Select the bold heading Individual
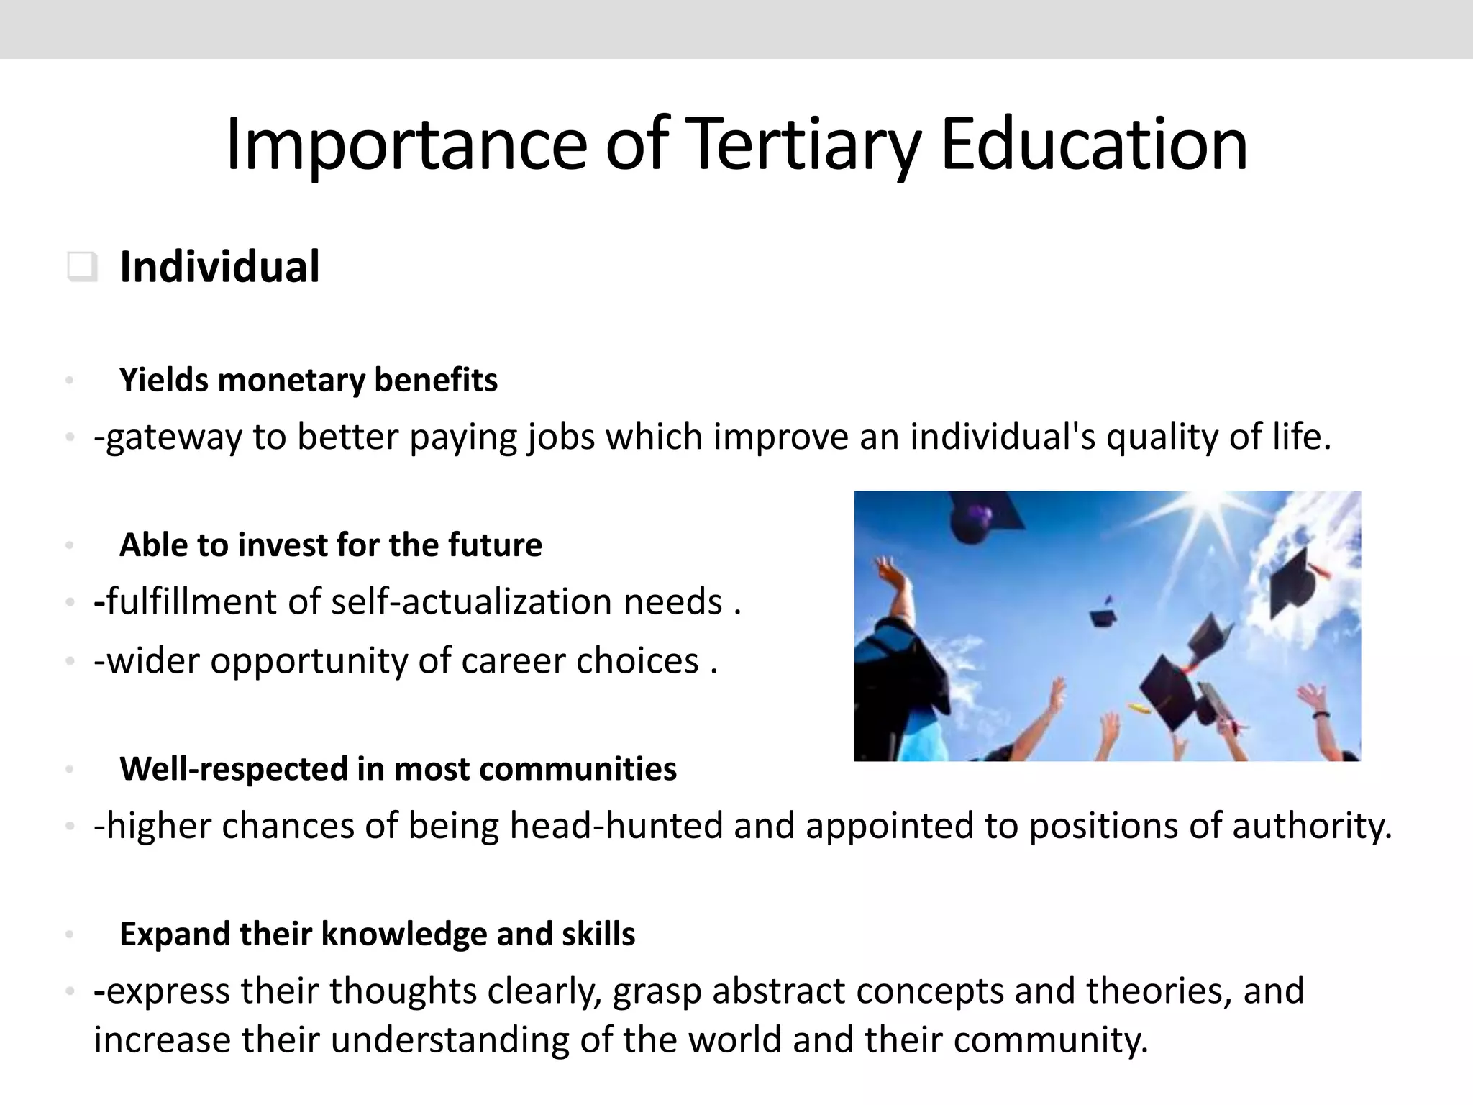(x=219, y=267)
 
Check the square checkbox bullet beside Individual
(x=81, y=267)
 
